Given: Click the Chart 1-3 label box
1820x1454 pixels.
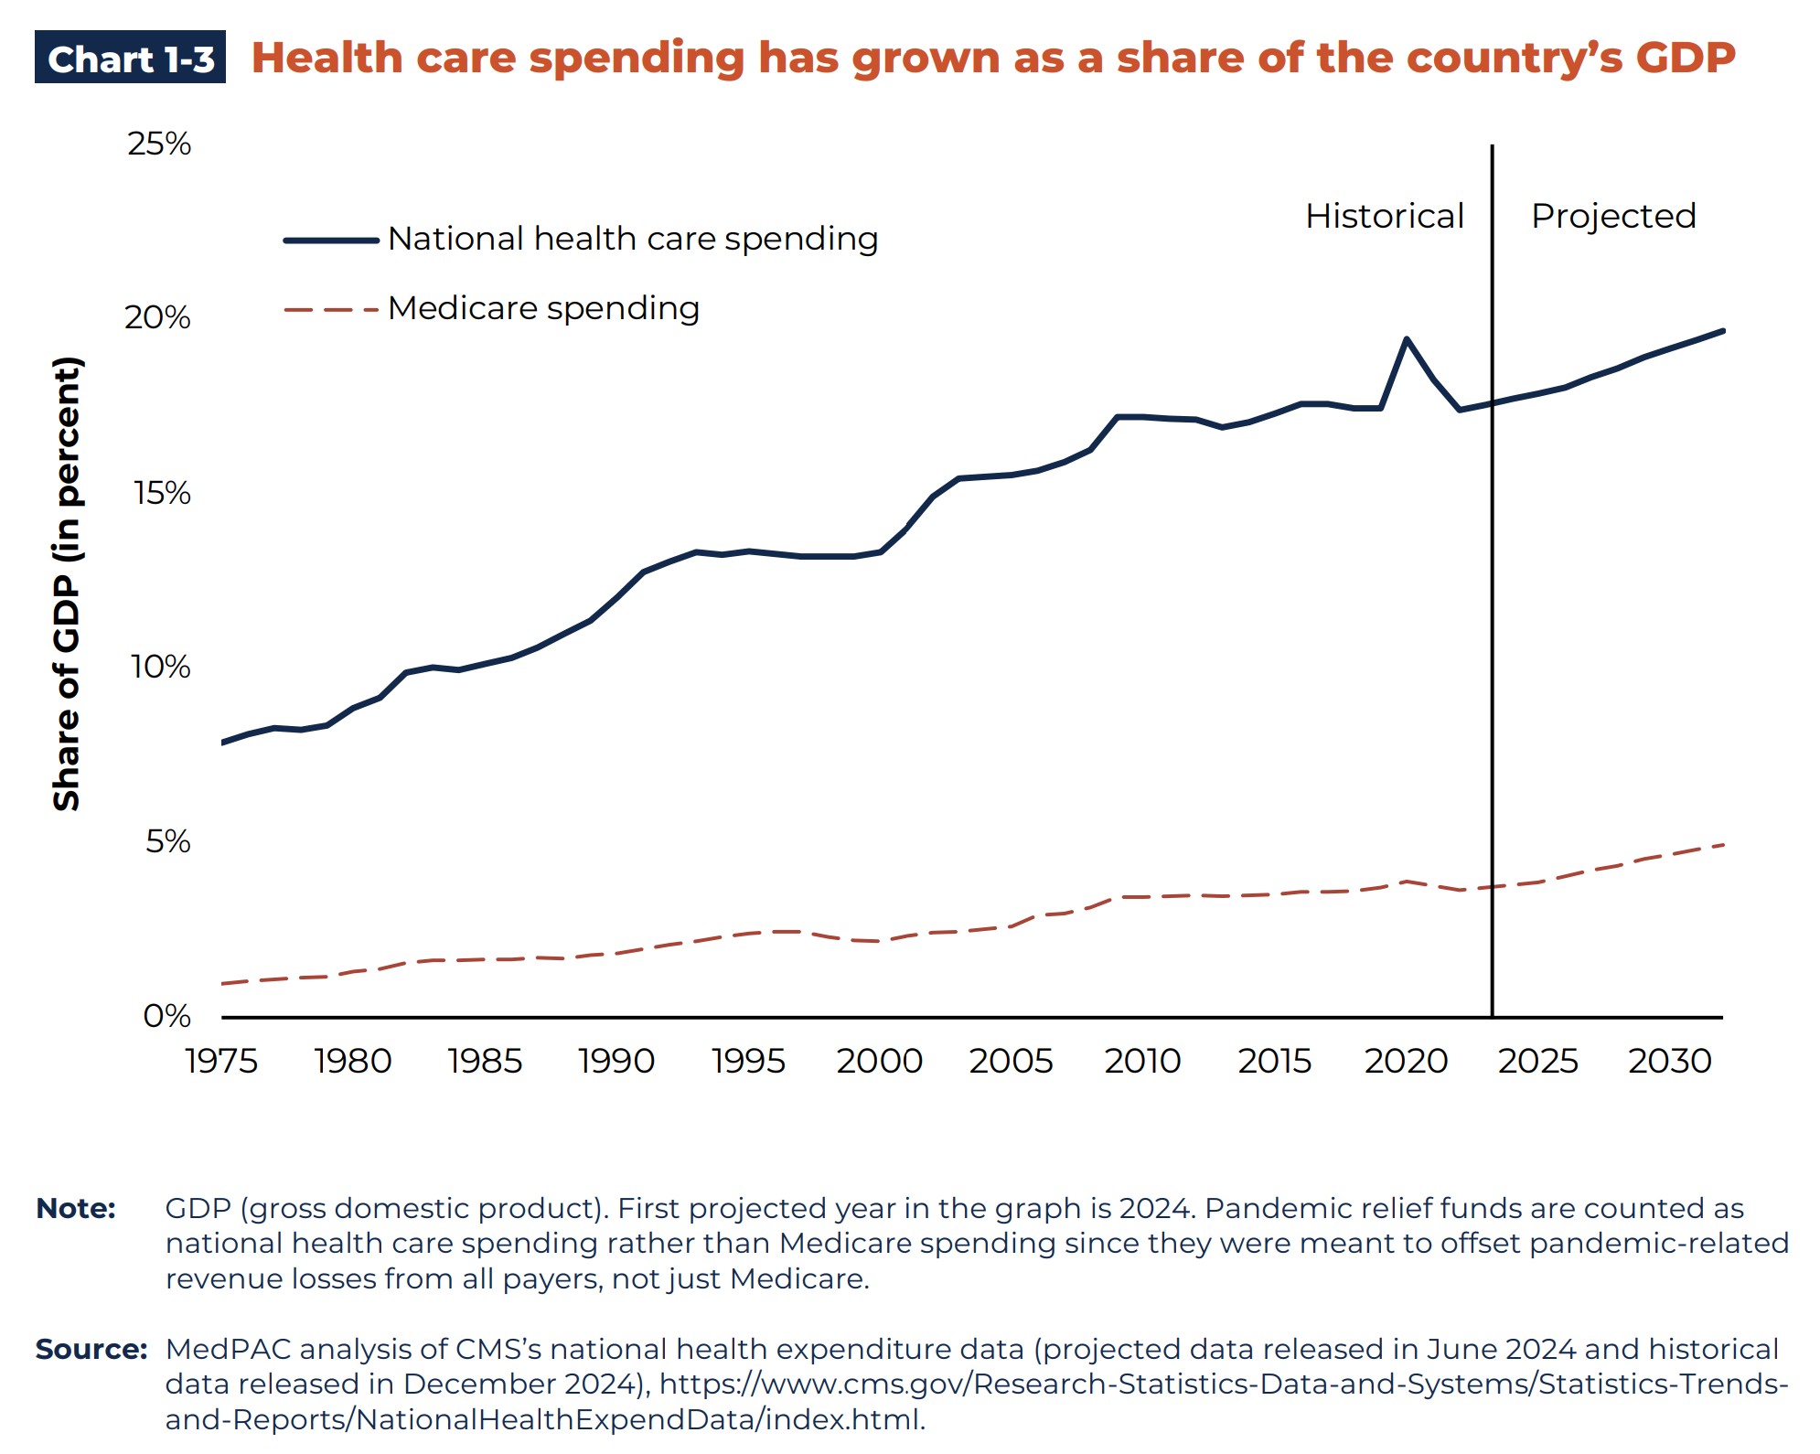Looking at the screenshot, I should (x=130, y=58).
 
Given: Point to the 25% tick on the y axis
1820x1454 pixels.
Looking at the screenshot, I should (x=159, y=144).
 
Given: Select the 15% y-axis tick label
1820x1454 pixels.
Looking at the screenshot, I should (x=162, y=493).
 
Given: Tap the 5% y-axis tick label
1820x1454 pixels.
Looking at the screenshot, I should (x=167, y=841).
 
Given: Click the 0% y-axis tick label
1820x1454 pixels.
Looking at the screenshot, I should (x=166, y=1016).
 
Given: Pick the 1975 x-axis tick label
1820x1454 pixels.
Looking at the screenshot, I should (x=221, y=1061).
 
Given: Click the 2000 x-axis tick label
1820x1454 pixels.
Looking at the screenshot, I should (x=879, y=1061).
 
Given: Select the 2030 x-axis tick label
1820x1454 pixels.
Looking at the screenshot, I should (x=1669, y=1061).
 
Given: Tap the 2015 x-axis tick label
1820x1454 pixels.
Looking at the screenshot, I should (x=1274, y=1061).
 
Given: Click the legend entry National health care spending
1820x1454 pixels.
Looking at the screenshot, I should (x=632, y=239).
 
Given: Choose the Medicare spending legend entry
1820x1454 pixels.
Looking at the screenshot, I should (x=543, y=308).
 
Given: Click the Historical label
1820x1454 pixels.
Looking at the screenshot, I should (x=1384, y=216).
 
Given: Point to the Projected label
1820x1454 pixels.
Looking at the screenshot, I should (x=1613, y=216).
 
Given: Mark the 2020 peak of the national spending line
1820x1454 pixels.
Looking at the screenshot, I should (x=1406, y=339).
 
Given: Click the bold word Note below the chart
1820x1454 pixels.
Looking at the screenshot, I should (x=76, y=1208).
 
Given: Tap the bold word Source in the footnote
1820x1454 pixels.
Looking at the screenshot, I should (x=91, y=1349).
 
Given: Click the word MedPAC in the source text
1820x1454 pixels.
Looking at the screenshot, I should (x=228, y=1349).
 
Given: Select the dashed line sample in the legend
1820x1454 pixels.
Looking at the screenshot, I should (x=331, y=310).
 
